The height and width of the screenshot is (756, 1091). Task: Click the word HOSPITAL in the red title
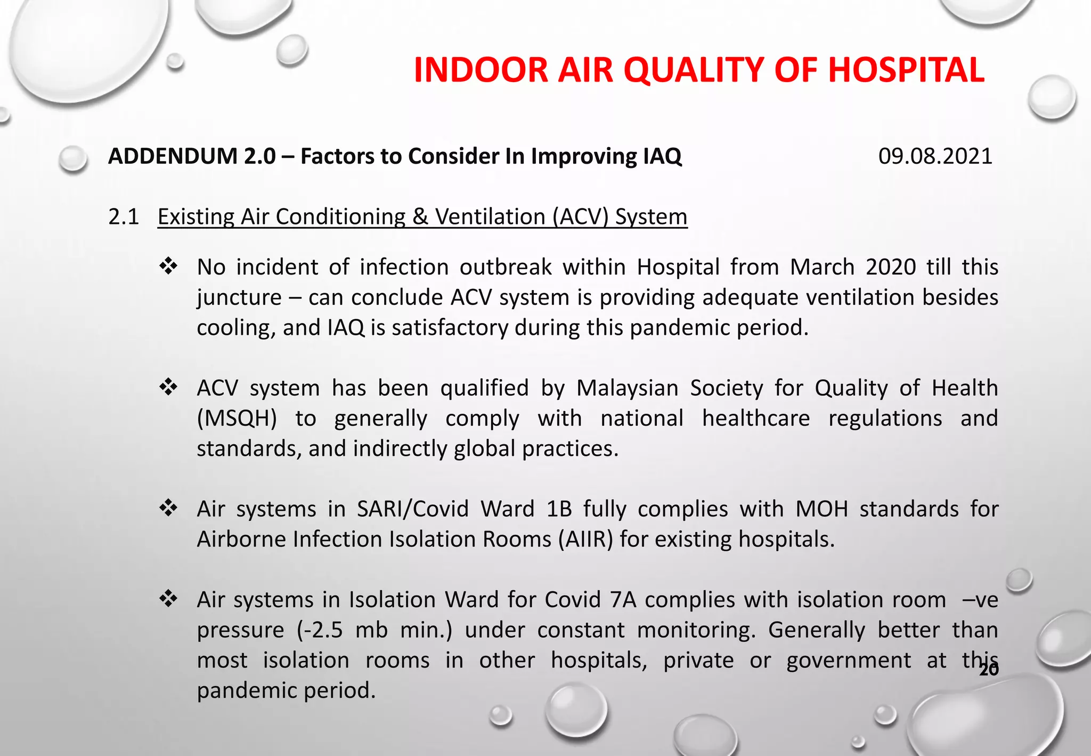(906, 70)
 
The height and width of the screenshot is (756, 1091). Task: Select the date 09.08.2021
(935, 156)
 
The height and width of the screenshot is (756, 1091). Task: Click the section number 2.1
(124, 217)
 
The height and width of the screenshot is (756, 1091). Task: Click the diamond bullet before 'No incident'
(168, 266)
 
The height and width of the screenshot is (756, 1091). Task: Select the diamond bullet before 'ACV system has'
(168, 387)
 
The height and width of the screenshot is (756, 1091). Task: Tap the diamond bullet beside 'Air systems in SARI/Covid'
(168, 508)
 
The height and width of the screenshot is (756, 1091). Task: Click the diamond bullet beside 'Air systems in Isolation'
(168, 599)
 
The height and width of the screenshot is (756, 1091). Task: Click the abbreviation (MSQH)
(237, 419)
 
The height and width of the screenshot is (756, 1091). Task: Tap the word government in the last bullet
(849, 661)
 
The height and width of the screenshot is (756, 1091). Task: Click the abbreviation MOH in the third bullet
(821, 509)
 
